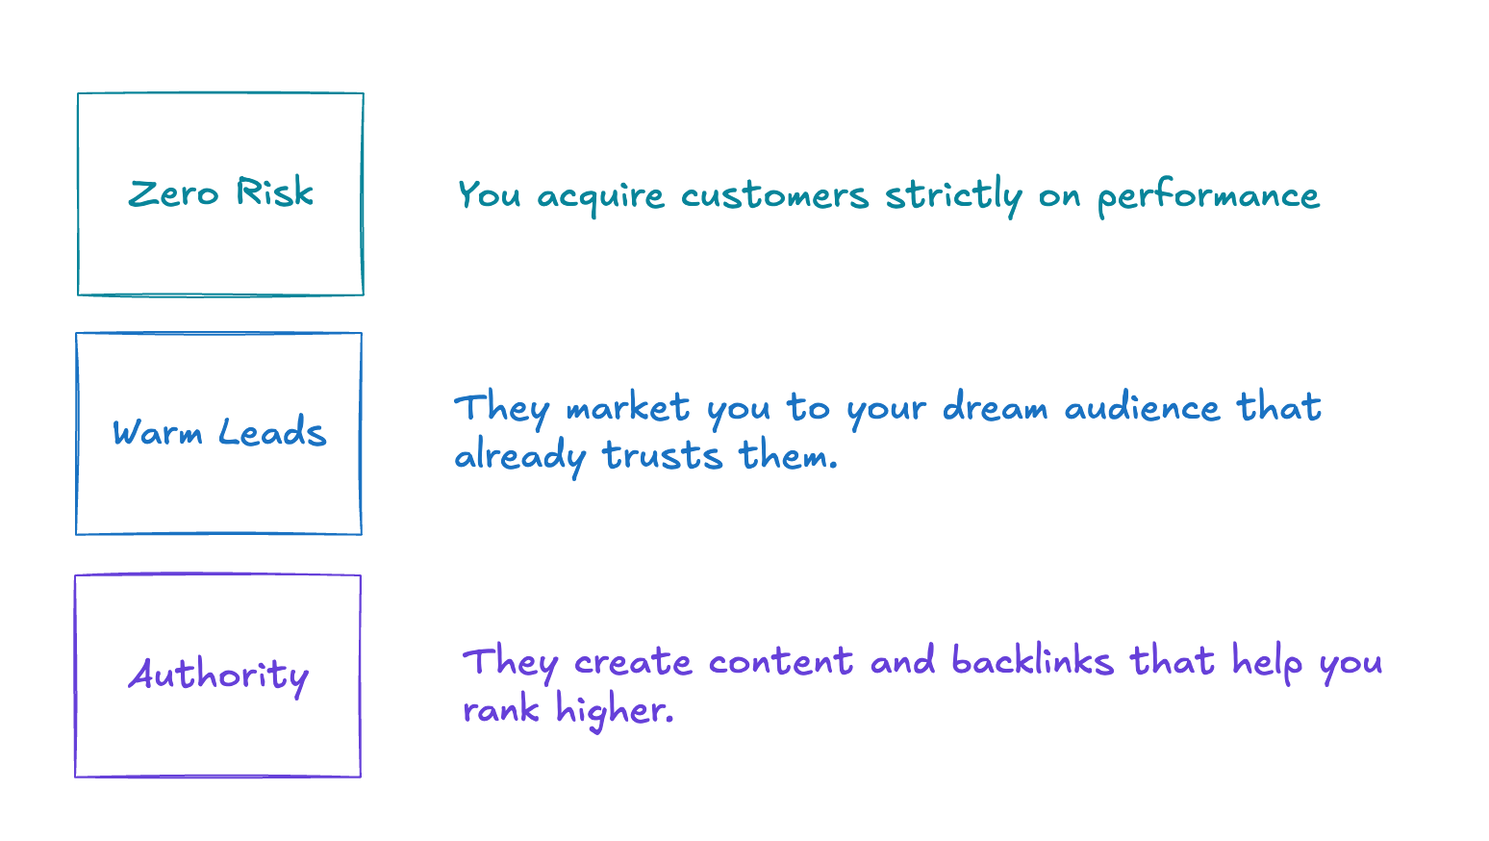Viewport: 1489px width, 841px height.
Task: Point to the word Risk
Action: pyautogui.click(x=275, y=192)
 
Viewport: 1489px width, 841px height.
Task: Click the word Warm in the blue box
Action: pyautogui.click(x=158, y=433)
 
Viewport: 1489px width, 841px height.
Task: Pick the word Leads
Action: pyautogui.click(x=272, y=433)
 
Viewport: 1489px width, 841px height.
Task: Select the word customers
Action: pyautogui.click(x=774, y=196)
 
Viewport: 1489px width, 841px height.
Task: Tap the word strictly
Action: pyautogui.click(x=952, y=196)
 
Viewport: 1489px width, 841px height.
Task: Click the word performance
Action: pyautogui.click(x=1208, y=197)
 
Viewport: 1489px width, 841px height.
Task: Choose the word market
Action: pyautogui.click(x=627, y=408)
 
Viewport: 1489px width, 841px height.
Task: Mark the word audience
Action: pyautogui.click(x=1142, y=408)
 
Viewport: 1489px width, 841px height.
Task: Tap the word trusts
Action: pyautogui.click(x=662, y=455)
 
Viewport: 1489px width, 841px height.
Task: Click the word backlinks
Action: pyautogui.click(x=1032, y=661)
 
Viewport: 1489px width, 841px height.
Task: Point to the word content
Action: pyautogui.click(x=780, y=662)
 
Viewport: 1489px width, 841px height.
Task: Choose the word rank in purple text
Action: pyautogui.click(x=501, y=710)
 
